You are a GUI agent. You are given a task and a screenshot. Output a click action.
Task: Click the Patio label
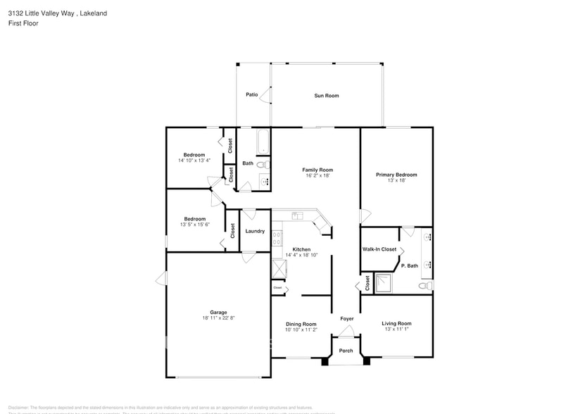coord(251,94)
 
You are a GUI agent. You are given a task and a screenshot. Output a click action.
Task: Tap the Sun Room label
coord(326,95)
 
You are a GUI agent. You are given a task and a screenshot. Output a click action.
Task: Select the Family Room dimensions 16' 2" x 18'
coord(317,176)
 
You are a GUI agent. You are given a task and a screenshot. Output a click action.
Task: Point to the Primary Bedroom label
coord(396,175)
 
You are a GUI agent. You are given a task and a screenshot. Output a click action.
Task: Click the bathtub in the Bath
coord(263,142)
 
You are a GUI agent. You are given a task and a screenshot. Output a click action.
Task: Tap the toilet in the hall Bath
coord(262,165)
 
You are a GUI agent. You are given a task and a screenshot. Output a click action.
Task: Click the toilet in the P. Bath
coord(424,286)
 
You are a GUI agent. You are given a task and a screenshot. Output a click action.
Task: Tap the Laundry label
coord(255,231)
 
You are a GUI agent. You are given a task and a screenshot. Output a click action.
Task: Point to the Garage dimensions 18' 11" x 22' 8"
coord(218,318)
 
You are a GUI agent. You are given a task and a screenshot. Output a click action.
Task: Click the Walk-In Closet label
coord(379,249)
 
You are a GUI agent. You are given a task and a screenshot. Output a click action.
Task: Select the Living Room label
coord(396,324)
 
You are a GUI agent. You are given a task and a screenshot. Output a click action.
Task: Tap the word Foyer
coord(346,319)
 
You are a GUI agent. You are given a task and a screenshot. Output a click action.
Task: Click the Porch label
coord(346,351)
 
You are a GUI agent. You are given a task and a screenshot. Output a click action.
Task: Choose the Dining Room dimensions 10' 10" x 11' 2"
coord(301,330)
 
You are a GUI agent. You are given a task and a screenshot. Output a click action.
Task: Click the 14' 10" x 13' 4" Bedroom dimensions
coord(194,161)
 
